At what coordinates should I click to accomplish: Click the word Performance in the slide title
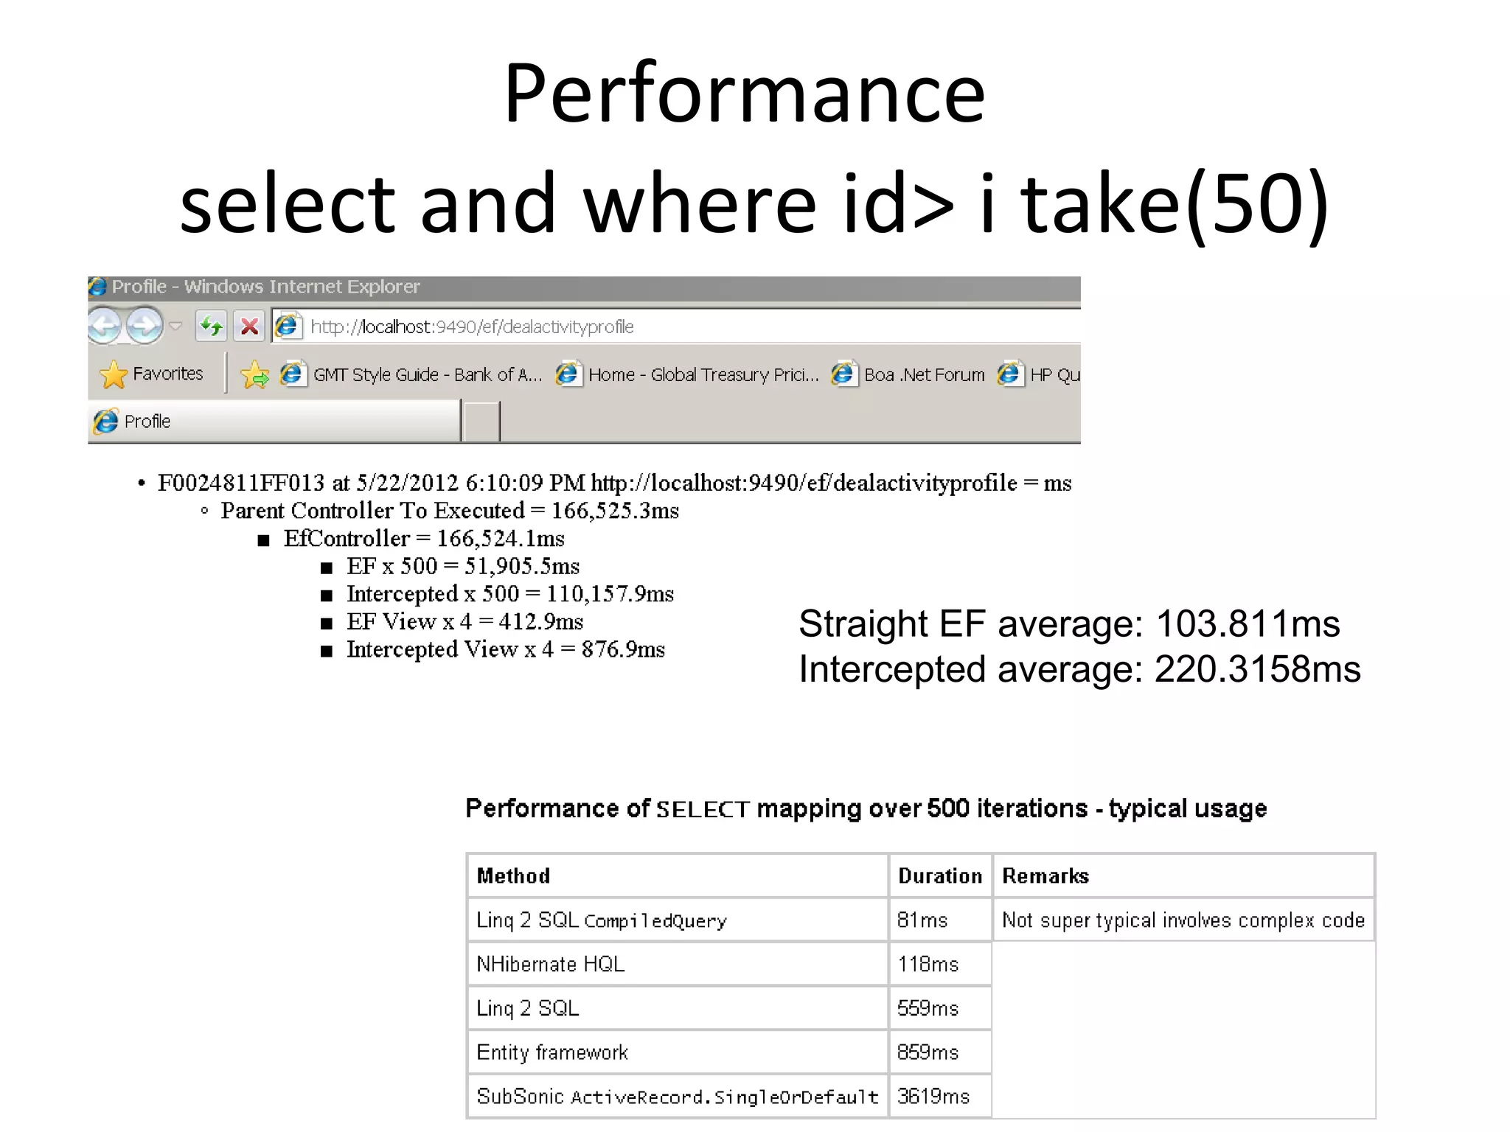[x=745, y=94]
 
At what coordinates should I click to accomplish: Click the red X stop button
[x=250, y=326]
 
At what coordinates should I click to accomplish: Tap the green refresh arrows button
[x=211, y=326]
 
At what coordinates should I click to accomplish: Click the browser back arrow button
[x=105, y=325]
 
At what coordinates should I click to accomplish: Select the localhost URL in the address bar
[x=472, y=326]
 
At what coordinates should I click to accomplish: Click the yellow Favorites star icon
[x=114, y=374]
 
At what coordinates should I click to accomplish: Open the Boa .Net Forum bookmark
[x=923, y=375]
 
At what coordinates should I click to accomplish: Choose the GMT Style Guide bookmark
[x=427, y=375]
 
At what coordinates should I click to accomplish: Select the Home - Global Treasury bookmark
[x=703, y=375]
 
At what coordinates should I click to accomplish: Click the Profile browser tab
[x=147, y=422]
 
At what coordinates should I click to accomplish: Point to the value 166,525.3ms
[x=615, y=511]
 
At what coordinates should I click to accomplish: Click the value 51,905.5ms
[x=522, y=566]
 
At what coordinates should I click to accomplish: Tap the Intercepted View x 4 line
[x=505, y=649]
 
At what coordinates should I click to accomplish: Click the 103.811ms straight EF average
[x=1248, y=624]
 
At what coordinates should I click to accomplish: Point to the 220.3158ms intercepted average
[x=1257, y=670]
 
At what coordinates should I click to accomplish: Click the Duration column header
[x=940, y=876]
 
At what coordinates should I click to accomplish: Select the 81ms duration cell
[x=922, y=920]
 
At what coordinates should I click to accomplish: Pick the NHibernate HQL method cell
[x=550, y=964]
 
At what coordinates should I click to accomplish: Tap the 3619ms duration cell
[x=933, y=1097]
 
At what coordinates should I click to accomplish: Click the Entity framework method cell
[x=552, y=1052]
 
